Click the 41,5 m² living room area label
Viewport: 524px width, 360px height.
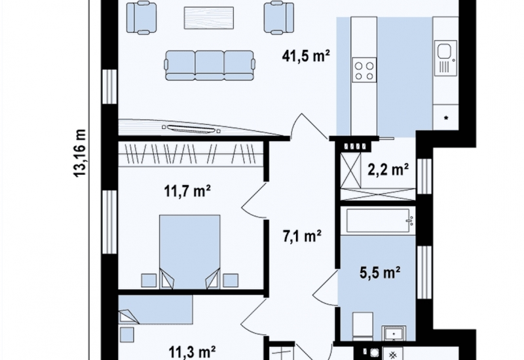(x=306, y=56)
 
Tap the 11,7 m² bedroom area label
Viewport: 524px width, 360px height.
(x=187, y=192)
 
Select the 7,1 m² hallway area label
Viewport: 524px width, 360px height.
(x=302, y=236)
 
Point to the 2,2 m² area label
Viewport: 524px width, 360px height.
(x=388, y=170)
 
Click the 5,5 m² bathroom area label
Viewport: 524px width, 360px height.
(x=380, y=272)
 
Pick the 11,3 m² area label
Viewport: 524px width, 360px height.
(x=192, y=352)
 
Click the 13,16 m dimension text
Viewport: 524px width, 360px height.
(x=80, y=153)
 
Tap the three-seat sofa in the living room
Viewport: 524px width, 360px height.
(x=210, y=65)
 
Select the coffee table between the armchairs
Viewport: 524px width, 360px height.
(x=209, y=18)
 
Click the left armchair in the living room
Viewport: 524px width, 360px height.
(x=141, y=18)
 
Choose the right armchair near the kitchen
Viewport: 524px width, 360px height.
(x=279, y=18)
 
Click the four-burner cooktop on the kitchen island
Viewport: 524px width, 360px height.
(x=364, y=70)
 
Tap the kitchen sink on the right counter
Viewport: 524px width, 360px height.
(x=445, y=58)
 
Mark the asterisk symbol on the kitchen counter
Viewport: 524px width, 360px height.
(x=446, y=118)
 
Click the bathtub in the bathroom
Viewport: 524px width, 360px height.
(x=379, y=221)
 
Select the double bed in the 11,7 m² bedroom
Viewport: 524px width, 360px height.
(x=190, y=252)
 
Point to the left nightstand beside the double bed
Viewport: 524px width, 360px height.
(x=149, y=281)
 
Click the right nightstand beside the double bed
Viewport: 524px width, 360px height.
(x=231, y=281)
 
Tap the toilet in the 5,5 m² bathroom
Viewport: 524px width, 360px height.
(x=363, y=325)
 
